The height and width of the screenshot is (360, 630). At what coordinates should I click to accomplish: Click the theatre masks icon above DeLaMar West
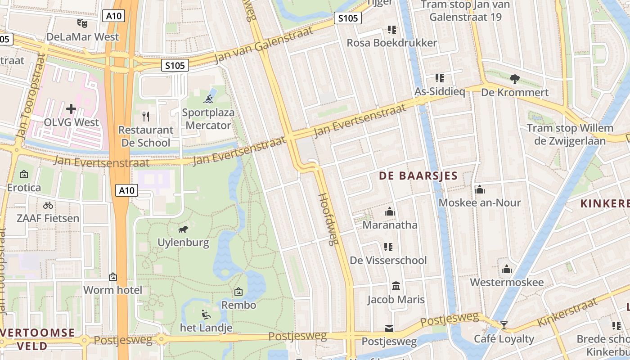(82, 23)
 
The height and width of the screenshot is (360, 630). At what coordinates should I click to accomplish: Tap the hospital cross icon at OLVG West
(71, 108)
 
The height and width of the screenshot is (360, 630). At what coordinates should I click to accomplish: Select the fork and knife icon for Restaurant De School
(145, 117)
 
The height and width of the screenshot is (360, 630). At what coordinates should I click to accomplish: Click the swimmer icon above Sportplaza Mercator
(208, 99)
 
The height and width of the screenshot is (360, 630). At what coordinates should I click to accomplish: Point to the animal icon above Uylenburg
(183, 229)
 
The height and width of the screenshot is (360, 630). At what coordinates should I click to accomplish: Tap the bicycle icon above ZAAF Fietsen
(48, 205)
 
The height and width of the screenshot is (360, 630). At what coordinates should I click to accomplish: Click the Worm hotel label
(112, 290)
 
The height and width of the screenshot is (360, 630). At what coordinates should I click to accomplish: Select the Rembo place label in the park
(238, 305)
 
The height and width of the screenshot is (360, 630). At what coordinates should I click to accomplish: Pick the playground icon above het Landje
(206, 314)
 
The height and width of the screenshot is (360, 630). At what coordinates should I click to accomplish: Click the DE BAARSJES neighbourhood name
(418, 176)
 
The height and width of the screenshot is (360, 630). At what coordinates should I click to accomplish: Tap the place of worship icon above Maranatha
(390, 211)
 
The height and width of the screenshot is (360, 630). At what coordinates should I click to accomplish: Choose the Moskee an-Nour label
(480, 202)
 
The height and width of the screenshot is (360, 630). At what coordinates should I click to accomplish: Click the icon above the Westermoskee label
(507, 269)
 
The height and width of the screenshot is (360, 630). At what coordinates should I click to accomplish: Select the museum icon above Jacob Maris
(396, 286)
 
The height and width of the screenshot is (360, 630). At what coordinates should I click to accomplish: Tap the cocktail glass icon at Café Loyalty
(504, 325)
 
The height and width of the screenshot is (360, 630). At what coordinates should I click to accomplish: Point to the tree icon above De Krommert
(515, 79)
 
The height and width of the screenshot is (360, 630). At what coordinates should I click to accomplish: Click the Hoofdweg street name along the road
(328, 219)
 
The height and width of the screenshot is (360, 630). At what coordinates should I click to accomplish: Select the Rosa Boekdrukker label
(391, 43)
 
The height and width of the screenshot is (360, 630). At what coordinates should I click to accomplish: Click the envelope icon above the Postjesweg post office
(389, 328)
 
